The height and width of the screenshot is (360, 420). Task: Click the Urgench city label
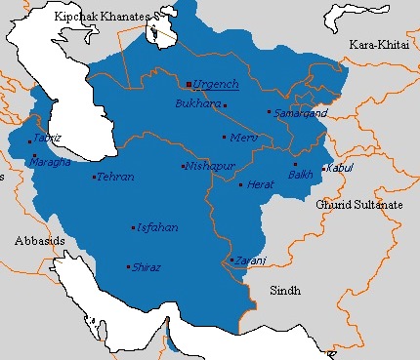(216, 85)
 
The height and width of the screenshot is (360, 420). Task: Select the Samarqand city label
(298, 113)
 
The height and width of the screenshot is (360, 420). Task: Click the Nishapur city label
(212, 166)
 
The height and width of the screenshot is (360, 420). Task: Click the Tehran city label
(116, 177)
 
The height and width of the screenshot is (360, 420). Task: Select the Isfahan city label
(159, 227)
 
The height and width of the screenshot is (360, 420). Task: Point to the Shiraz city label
(147, 266)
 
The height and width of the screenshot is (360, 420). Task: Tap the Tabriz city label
(46, 139)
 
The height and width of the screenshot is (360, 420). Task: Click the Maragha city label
(55, 161)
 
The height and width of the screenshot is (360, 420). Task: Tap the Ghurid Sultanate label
(357, 206)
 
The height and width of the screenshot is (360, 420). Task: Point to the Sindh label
(286, 291)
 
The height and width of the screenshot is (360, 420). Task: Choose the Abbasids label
(38, 239)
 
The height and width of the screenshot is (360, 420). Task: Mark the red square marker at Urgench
(189, 85)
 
